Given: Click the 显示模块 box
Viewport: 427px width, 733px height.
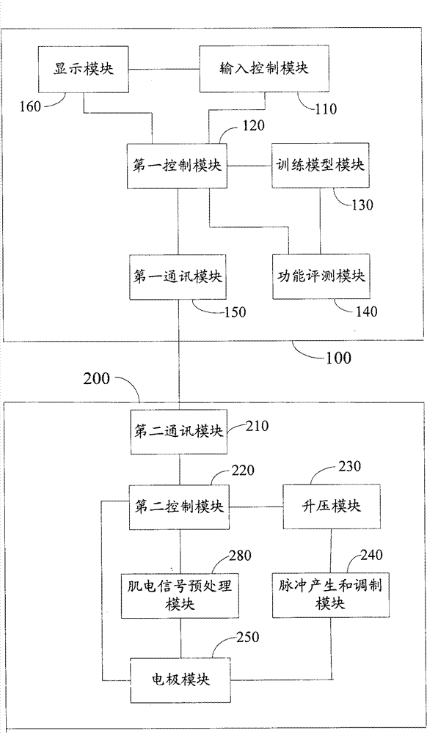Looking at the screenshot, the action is [84, 69].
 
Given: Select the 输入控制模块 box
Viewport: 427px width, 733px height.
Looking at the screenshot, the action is [264, 69].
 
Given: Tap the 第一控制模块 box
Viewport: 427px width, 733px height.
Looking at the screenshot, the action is [178, 166].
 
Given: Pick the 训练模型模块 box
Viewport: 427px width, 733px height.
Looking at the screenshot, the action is [320, 166].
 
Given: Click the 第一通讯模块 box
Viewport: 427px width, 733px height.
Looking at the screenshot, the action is [178, 276].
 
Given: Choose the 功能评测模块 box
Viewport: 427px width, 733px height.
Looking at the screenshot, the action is [321, 276].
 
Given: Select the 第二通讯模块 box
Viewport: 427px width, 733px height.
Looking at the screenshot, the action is [179, 432].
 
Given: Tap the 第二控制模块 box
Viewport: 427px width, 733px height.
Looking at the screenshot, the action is [178, 507].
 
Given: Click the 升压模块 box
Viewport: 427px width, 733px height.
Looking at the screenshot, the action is [332, 507].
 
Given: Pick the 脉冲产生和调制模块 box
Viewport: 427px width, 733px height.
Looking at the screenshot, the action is [331, 595].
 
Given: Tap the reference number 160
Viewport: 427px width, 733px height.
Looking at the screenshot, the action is [32, 106].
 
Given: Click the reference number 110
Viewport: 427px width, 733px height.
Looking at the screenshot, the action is [326, 109].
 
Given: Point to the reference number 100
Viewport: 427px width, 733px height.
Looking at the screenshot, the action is [338, 358].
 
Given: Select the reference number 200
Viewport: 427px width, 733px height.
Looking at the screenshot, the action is [97, 377].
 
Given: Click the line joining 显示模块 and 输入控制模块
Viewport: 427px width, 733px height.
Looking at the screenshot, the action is [164, 69].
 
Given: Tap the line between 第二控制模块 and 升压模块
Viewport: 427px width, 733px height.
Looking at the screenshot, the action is [255, 507].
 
